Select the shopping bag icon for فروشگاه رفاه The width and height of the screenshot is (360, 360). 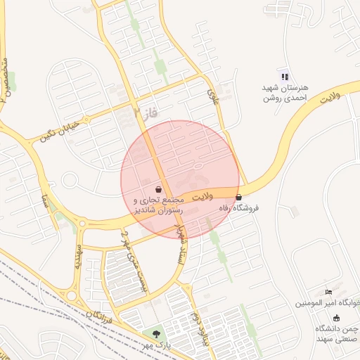pyautogui.click(x=239, y=198)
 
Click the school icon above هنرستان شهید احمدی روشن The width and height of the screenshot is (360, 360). pyautogui.click(x=284, y=77)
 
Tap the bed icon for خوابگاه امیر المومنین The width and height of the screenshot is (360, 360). pyautogui.click(x=328, y=292)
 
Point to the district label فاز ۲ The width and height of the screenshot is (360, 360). pyautogui.click(x=146, y=110)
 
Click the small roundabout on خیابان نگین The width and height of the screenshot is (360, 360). pyautogui.click(x=69, y=180)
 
